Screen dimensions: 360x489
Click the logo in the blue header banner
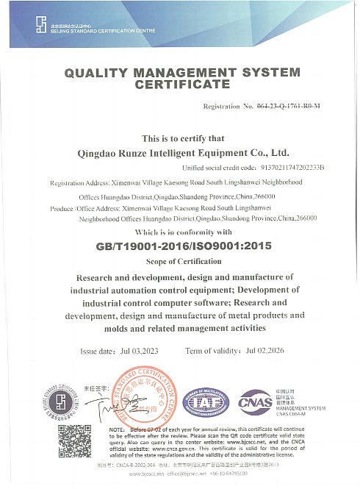41,26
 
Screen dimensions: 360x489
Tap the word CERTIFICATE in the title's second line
182,85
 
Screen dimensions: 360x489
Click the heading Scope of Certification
182,262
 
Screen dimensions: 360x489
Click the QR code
74,441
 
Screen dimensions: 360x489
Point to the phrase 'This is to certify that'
182,138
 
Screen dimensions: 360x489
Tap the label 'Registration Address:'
77,183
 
